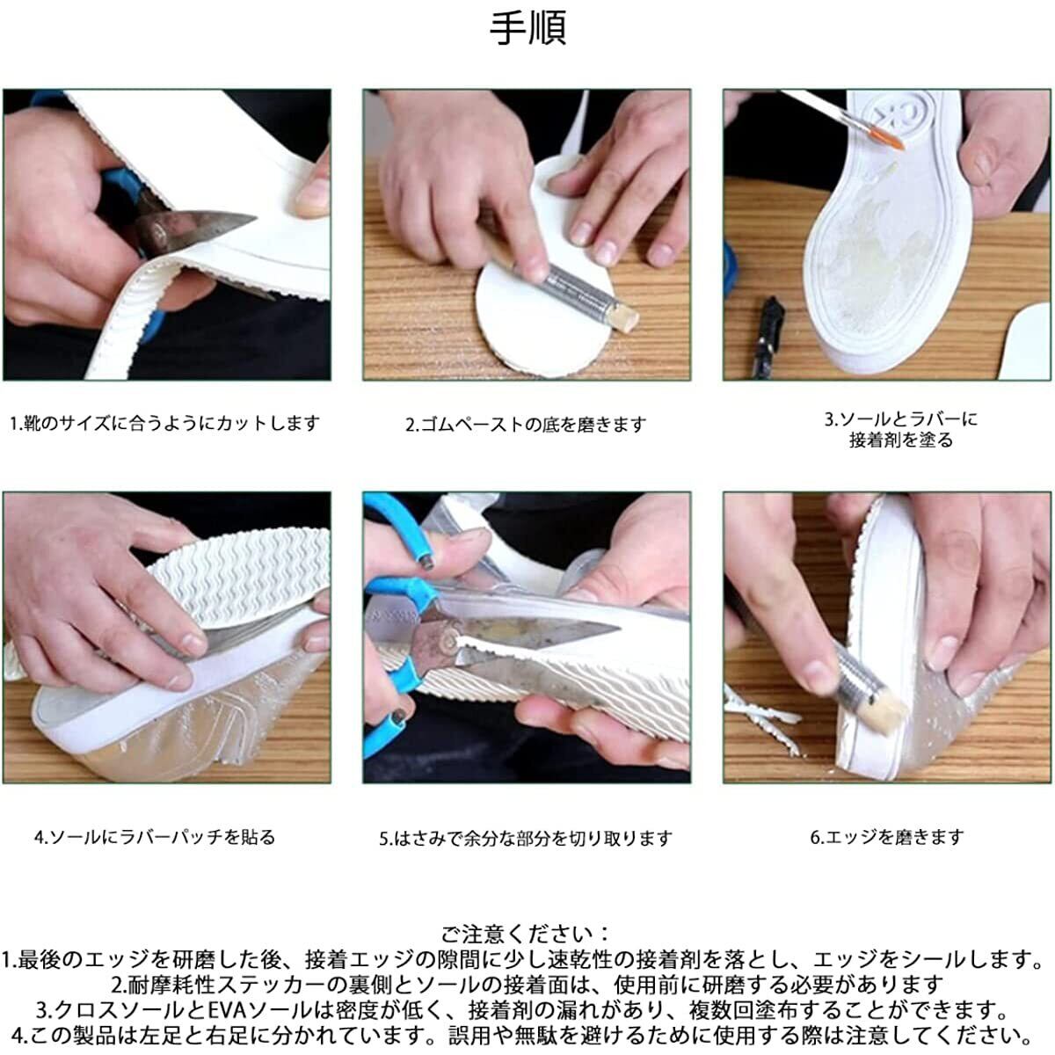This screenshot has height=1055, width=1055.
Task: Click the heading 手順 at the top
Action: (x=527, y=28)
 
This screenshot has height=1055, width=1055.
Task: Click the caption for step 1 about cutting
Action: (x=164, y=423)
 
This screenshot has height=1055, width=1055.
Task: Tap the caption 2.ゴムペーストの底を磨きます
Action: (x=526, y=425)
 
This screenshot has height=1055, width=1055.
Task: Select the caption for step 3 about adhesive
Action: (x=900, y=430)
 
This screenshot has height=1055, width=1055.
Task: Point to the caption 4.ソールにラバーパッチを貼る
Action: (x=155, y=837)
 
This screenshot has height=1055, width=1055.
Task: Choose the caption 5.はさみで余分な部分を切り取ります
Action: (x=526, y=838)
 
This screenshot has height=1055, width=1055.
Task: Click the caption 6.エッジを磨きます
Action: (x=887, y=837)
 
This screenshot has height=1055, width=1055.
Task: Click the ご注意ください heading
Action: (x=525, y=934)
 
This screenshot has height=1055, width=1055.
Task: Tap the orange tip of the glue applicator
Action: (x=890, y=139)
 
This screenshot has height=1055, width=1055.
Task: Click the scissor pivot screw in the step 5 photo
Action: (x=451, y=639)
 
